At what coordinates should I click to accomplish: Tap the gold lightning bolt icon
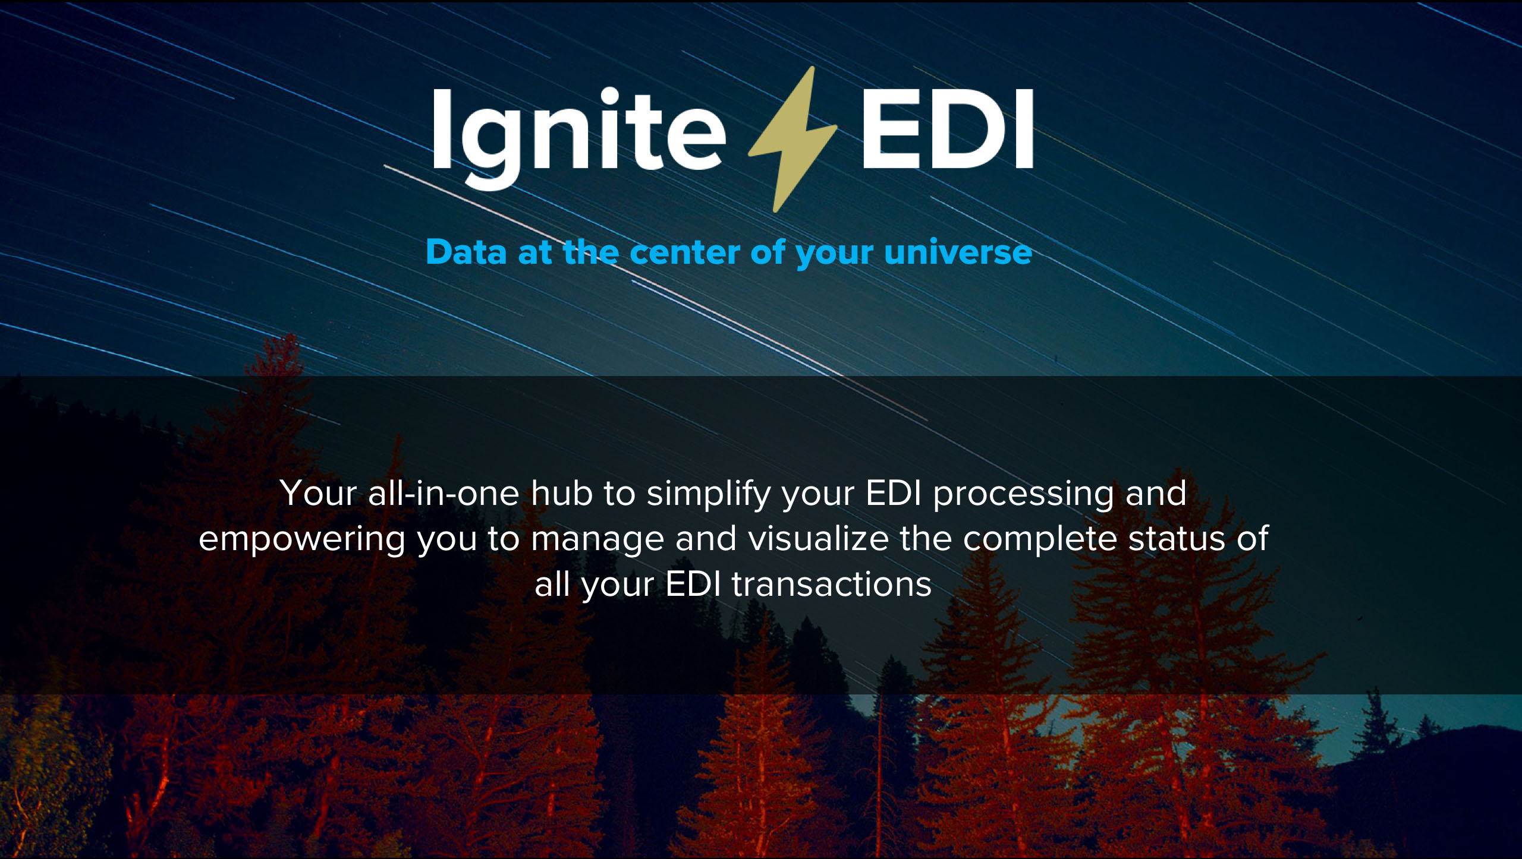point(793,139)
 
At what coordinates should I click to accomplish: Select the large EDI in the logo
point(947,129)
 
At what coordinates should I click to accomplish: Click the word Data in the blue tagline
point(466,252)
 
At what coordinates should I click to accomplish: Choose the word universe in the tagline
point(958,252)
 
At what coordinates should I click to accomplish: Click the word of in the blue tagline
point(769,252)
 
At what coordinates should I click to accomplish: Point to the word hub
point(562,493)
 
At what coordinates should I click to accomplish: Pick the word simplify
point(708,495)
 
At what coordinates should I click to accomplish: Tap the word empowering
point(302,540)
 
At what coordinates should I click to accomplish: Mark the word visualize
point(818,538)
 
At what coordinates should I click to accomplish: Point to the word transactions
point(832,585)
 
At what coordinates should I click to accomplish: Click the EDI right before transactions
point(693,584)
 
